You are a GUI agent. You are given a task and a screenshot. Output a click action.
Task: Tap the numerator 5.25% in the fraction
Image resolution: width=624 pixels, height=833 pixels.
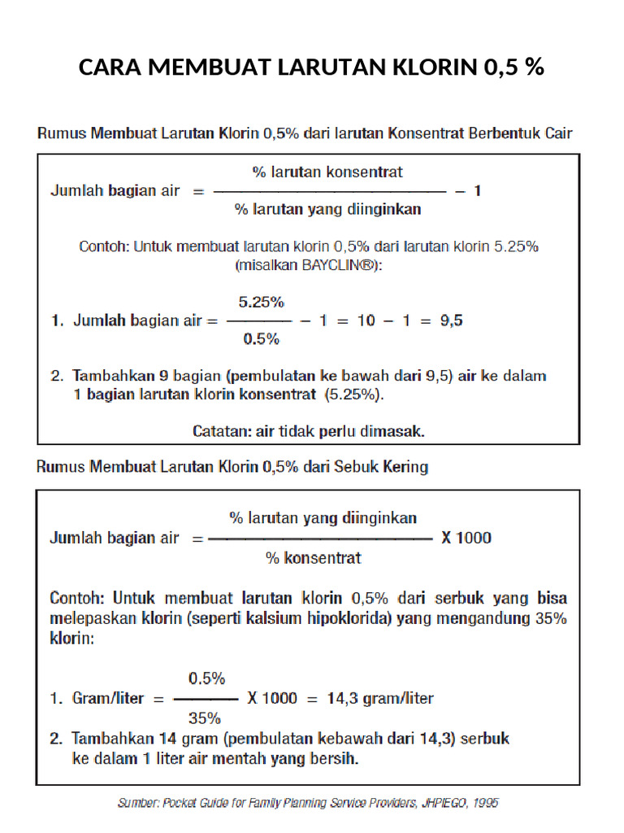(x=261, y=302)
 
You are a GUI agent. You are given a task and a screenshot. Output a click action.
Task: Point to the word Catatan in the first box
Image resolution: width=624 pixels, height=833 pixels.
(x=222, y=431)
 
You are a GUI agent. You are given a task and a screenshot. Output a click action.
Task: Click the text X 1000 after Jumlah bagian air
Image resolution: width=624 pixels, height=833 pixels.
(x=466, y=538)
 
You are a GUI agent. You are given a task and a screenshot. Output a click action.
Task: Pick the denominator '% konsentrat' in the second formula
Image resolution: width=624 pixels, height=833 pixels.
(x=313, y=559)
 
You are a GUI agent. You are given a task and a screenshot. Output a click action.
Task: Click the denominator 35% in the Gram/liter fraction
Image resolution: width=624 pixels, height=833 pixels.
(x=205, y=718)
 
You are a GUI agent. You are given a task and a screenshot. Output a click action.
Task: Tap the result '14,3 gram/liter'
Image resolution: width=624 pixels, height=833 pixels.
(x=380, y=698)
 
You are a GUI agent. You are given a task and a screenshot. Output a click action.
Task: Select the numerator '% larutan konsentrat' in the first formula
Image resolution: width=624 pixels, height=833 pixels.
(x=327, y=172)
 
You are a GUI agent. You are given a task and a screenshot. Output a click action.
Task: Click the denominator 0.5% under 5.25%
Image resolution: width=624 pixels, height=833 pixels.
(x=261, y=339)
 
